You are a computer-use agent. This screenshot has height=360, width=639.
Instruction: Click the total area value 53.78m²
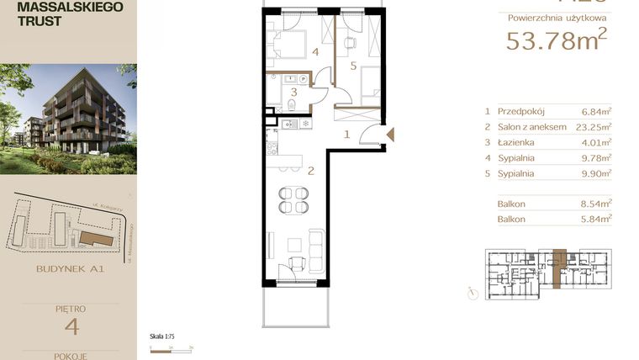[556, 40]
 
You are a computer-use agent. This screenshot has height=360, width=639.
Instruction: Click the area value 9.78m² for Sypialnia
[596, 158]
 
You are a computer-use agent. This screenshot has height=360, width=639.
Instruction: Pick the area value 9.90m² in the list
[596, 174]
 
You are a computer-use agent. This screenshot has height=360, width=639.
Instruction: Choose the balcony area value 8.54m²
[596, 203]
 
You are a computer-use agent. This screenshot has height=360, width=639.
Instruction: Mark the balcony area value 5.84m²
[596, 219]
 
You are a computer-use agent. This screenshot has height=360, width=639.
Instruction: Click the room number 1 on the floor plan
[346, 134]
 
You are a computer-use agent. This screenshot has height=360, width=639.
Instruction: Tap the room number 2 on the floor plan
[310, 171]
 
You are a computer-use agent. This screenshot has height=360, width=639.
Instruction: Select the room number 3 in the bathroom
[293, 93]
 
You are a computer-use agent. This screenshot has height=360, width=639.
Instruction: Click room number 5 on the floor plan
[353, 65]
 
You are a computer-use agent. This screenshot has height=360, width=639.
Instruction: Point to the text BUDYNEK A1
[70, 271]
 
